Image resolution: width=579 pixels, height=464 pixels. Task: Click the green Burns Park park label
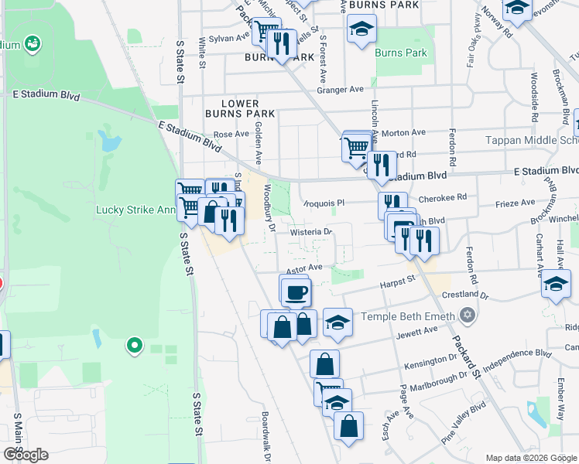click(400, 53)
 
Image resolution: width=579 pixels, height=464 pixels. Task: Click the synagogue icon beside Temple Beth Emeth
click(466, 316)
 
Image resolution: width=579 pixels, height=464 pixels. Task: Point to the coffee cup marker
click(296, 292)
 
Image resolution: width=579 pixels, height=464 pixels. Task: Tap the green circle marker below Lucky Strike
click(135, 345)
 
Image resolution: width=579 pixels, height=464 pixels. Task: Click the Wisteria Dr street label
click(311, 231)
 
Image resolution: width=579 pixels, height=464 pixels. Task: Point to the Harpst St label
click(399, 284)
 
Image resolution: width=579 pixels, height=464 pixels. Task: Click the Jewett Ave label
click(420, 332)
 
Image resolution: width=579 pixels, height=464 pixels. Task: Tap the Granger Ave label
click(340, 90)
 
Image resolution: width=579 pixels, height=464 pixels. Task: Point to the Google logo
click(26, 454)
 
